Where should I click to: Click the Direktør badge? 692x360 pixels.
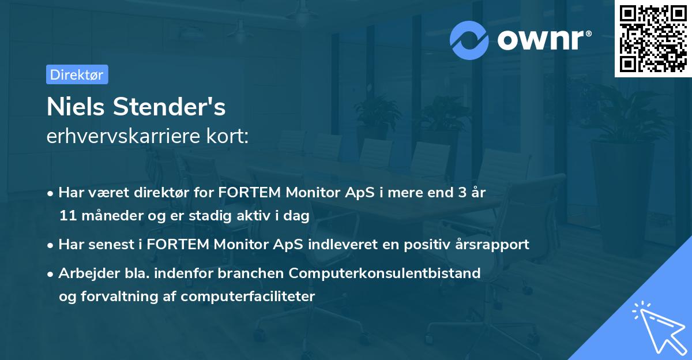pyautogui.click(x=77, y=74)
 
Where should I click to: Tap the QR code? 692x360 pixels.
pyautogui.click(x=653, y=38)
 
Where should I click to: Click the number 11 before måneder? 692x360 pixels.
pyautogui.click(x=67, y=216)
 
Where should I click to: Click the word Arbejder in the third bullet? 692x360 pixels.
pyautogui.click(x=84, y=273)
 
